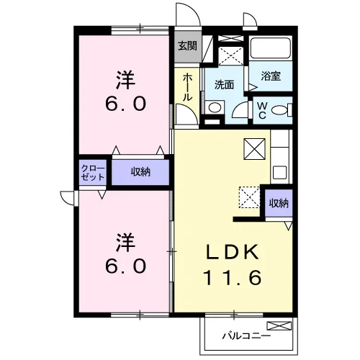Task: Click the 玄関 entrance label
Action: point(187,45)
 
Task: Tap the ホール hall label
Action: point(187,87)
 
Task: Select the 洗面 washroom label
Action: point(224,85)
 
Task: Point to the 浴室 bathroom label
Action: point(271,76)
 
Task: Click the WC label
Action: point(262,110)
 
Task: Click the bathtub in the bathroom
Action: point(271,48)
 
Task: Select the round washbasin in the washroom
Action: point(215,107)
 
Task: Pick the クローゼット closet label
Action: point(93,173)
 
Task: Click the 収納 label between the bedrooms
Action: point(140,172)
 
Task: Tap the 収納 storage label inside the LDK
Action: point(279,203)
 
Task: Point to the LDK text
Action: point(233,251)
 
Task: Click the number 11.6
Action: point(233,277)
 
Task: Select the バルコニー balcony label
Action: point(246,336)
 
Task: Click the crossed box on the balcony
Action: point(279,325)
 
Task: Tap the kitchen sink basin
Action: point(280,172)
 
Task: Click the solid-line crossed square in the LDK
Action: point(254,149)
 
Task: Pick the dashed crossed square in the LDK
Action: point(249,197)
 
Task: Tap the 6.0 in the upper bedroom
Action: point(125,104)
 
